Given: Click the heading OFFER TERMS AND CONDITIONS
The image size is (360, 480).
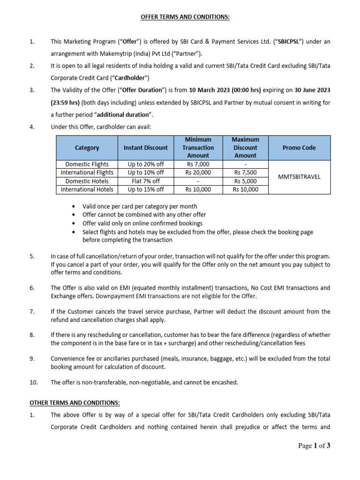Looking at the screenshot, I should [180, 17].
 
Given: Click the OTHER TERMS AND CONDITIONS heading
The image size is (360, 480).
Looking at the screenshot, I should [75, 403].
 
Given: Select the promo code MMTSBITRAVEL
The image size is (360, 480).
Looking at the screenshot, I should [299, 177].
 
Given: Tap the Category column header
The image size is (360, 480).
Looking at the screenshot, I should [87, 148].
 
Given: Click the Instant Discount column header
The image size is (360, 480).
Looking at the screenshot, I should [145, 148].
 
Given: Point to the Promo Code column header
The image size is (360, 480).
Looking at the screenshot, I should [299, 148].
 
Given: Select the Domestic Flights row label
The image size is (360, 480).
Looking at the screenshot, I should [87, 165].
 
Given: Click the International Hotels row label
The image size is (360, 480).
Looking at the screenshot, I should [87, 190].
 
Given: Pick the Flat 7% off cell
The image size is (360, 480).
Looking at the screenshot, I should [145, 181].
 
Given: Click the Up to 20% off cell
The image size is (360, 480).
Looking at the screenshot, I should [145, 165].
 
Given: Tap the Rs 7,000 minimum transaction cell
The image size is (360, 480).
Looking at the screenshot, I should [198, 165].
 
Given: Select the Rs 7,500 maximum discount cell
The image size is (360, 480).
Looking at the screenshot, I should [245, 173].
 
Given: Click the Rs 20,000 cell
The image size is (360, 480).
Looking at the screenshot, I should [198, 173].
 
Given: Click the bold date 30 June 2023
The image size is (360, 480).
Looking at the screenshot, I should [309, 90].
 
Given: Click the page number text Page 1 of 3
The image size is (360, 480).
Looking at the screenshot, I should [314, 446].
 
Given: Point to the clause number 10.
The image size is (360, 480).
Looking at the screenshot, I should [33, 382].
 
